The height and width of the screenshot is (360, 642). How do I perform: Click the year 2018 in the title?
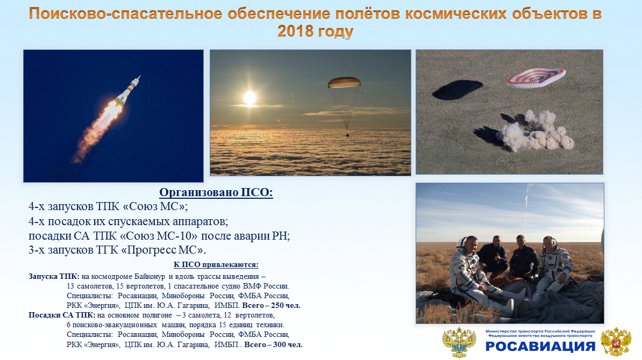click(295, 31)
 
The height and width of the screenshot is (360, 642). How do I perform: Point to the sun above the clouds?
click(249, 98)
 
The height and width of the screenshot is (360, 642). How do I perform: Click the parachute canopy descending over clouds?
click(344, 83)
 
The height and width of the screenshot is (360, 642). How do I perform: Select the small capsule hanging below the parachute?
click(347, 134)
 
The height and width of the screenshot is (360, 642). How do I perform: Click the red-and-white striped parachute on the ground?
click(536, 78)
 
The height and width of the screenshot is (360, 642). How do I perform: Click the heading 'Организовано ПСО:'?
click(216, 192)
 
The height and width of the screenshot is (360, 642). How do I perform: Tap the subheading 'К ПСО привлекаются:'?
click(216, 265)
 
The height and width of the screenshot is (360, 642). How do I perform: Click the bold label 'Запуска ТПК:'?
click(54, 276)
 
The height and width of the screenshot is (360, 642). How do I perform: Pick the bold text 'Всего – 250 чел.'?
click(271, 305)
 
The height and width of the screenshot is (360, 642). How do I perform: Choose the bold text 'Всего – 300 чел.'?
click(274, 344)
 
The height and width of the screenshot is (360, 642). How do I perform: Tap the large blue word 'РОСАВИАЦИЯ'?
click(540, 347)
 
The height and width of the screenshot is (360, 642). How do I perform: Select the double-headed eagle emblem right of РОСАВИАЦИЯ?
click(616, 341)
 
